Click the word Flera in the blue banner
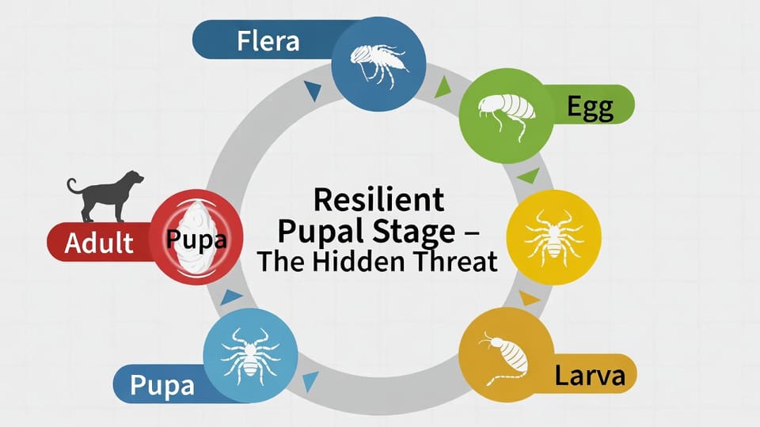(268, 41)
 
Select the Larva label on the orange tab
(589, 376)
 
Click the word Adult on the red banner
(99, 242)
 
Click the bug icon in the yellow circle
(553, 233)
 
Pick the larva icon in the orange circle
(506, 360)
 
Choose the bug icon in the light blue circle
(250, 353)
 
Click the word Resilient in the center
(378, 199)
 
